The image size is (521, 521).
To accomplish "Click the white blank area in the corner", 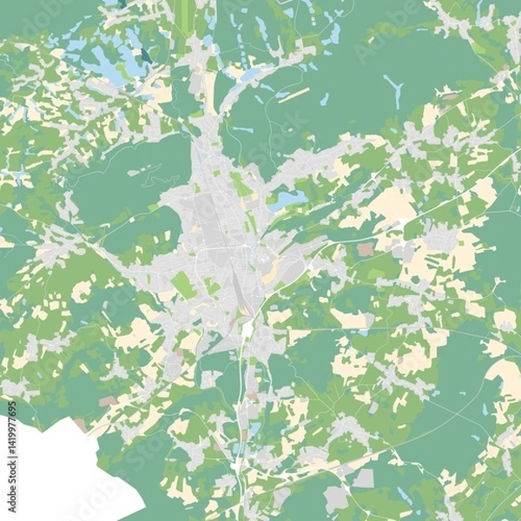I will [x=61, y=473].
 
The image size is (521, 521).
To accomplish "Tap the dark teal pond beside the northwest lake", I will [x=144, y=54].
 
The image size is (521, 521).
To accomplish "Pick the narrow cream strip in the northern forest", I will [x=293, y=94].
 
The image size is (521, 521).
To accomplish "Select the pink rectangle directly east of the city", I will [x=365, y=249].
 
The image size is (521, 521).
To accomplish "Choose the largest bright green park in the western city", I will [x=183, y=284].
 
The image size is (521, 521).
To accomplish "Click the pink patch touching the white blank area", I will [x=80, y=425].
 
